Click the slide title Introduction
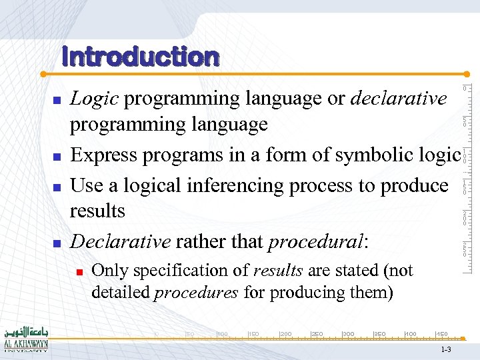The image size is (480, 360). point(140,57)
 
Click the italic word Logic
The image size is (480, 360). point(95,99)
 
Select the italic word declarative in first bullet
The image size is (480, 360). point(398,99)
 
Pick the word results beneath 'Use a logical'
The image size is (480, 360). point(97,211)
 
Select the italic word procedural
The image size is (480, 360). point(315,242)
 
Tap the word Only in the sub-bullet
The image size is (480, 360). point(107,271)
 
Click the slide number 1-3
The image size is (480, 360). point(446,350)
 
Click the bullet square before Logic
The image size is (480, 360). point(57,100)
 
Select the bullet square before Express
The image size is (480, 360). point(57,157)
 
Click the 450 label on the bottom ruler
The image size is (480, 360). point(441,333)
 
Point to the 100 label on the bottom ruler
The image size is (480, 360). point(223,333)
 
